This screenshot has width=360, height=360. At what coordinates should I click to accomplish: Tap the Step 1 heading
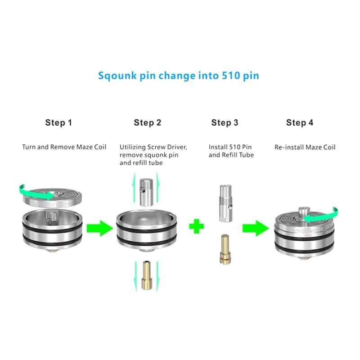tap(58, 122)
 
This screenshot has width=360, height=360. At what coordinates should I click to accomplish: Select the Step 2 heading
tap(148, 122)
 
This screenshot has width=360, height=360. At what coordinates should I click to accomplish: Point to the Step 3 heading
tap(225, 122)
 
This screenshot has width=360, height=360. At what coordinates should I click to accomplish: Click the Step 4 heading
tap(300, 122)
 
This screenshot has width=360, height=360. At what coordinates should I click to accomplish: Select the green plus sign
tap(196, 226)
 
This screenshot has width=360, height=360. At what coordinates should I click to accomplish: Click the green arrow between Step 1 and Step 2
tap(99, 228)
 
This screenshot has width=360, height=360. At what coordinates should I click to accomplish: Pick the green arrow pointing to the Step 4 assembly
tap(256, 228)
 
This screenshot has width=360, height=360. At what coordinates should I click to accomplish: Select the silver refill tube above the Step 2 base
tap(146, 193)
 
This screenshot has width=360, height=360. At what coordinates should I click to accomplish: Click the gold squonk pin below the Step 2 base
tap(147, 275)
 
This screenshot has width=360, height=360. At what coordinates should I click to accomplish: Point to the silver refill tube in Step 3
tap(225, 203)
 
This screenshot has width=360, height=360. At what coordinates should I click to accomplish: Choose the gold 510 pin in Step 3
tap(225, 249)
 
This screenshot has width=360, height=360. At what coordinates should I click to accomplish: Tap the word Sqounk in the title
tap(117, 76)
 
